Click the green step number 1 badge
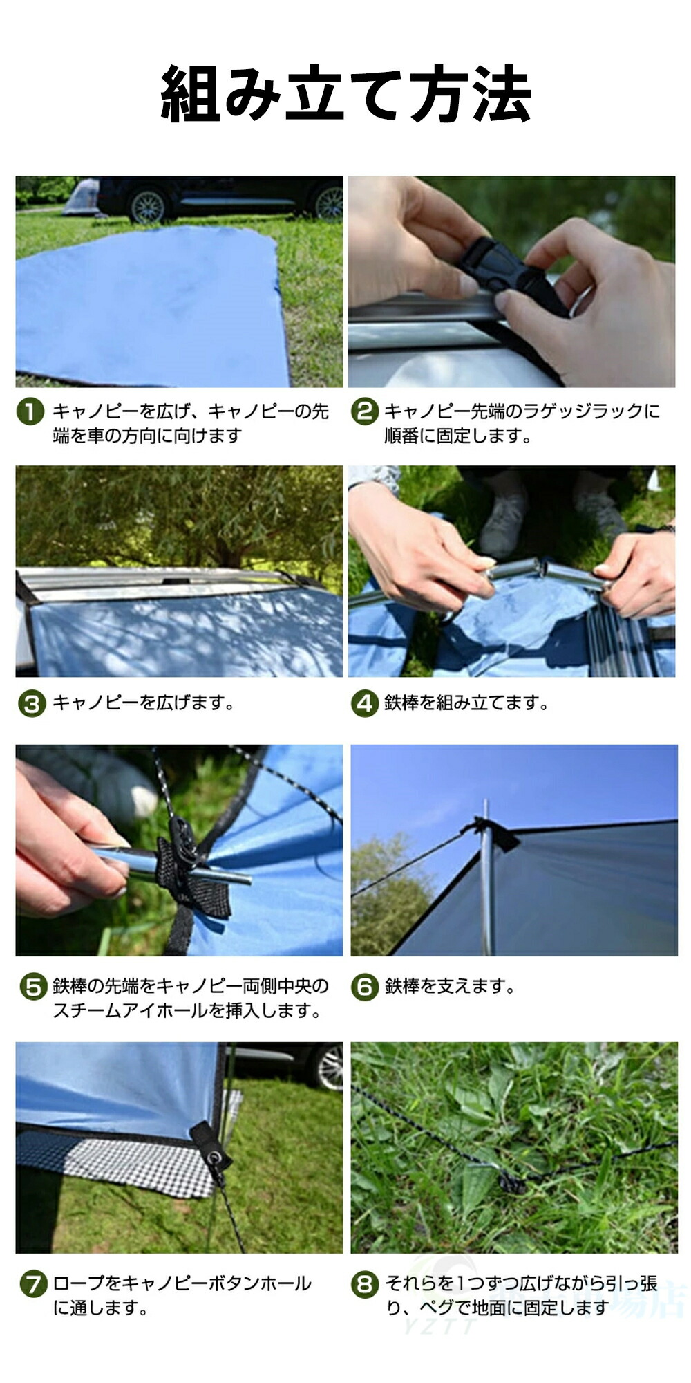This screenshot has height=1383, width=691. point(30,412)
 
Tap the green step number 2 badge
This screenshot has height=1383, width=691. point(365,412)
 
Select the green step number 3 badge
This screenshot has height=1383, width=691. point(31,704)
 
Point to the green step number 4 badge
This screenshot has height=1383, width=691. point(364,704)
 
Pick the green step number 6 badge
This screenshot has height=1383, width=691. point(365,987)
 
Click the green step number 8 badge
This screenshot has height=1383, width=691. point(365,1284)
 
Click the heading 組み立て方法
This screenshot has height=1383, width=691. point(345,95)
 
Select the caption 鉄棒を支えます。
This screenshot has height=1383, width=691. point(450,986)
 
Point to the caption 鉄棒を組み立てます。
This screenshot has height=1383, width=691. point(466,703)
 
